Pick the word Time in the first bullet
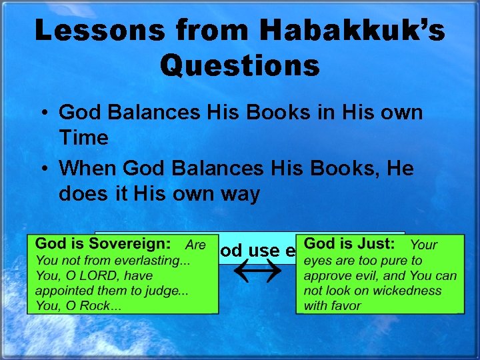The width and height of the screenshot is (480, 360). coord(83,138)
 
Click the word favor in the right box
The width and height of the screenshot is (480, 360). coord(345,306)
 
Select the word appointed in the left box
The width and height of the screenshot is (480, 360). coord(60,291)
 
